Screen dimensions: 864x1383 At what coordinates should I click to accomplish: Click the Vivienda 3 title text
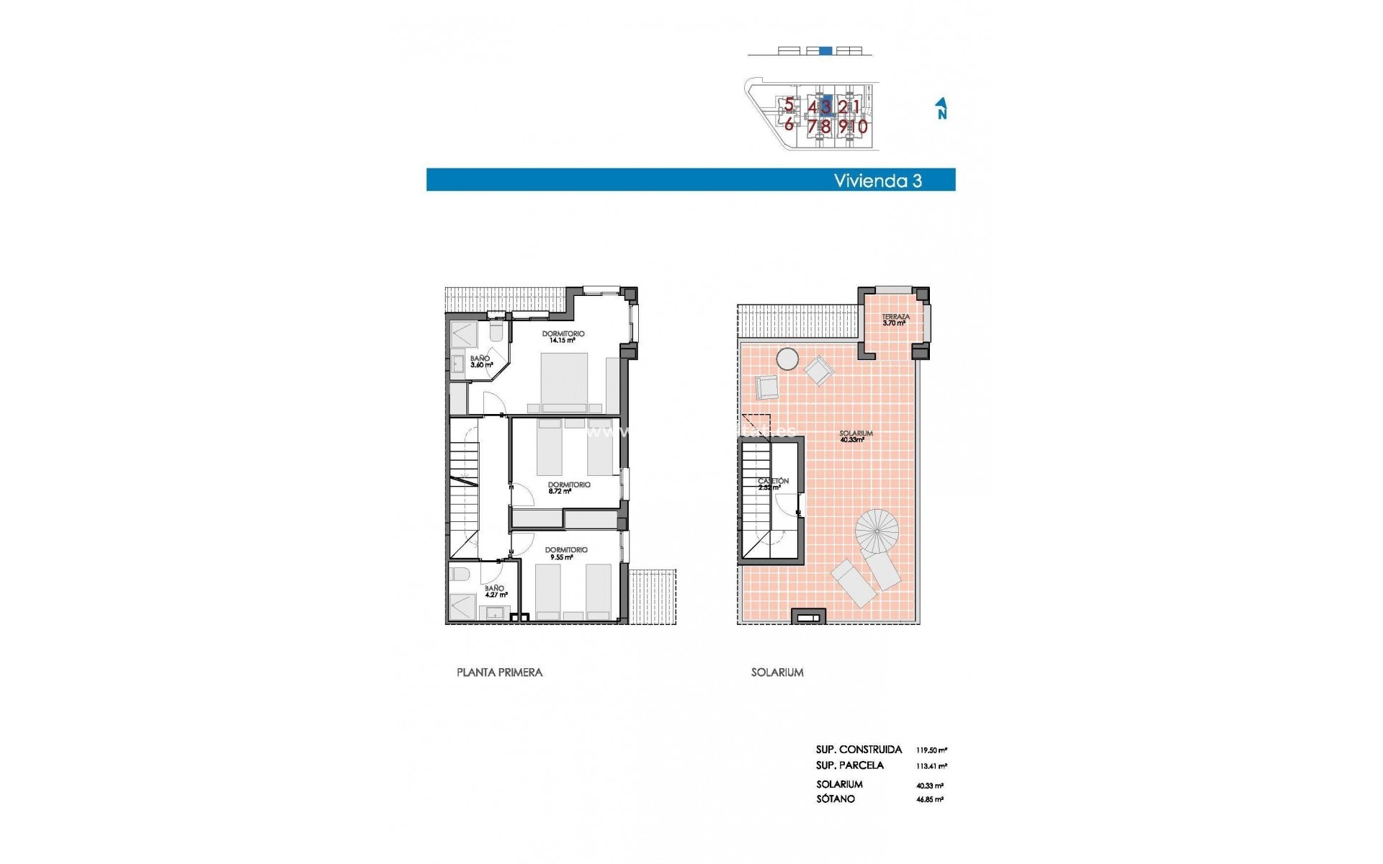tap(877, 181)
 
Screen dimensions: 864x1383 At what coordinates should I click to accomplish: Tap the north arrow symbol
tap(941, 109)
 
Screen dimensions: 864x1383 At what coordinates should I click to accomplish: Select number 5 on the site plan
tap(789, 105)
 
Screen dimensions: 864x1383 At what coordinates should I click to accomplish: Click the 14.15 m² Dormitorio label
tap(563, 337)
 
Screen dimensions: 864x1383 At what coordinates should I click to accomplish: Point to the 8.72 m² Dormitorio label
tap(568, 488)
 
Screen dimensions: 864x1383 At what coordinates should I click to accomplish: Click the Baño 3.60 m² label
tap(480, 361)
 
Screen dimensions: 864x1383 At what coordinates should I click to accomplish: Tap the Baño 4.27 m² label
tap(495, 592)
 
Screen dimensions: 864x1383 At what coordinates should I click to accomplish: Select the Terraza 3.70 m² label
tap(895, 320)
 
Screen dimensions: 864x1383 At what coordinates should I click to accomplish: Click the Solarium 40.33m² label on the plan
tap(855, 436)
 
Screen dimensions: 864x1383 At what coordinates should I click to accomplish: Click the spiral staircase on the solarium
tap(877, 531)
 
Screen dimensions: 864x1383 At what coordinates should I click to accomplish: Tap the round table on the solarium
tap(787, 359)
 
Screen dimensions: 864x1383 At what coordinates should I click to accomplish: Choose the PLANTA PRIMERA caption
tap(499, 672)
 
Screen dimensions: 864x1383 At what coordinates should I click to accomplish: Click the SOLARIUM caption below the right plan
tap(776, 672)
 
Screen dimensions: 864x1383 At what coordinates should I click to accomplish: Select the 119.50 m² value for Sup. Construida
tap(931, 750)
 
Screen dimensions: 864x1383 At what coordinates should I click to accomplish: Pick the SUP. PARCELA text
tap(849, 765)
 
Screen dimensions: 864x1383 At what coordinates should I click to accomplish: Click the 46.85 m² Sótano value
tap(929, 799)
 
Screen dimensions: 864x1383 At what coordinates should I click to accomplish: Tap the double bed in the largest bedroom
tap(565, 382)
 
